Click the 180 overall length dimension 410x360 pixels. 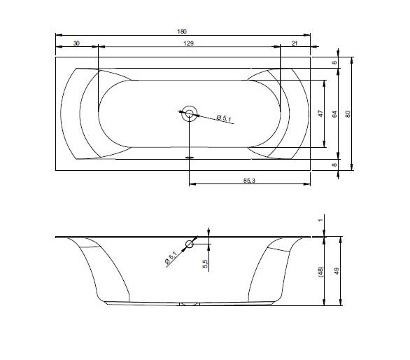point(182,32)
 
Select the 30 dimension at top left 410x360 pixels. point(76,43)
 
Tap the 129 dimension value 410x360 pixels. point(188,43)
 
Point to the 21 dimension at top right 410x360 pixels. point(295,43)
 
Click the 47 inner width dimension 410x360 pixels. point(320,113)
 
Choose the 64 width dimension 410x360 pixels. point(334,114)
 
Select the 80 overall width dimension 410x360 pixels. point(348,114)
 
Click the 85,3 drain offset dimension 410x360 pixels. point(249,181)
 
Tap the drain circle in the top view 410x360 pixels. point(190,113)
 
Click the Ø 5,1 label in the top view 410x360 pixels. point(224,118)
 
